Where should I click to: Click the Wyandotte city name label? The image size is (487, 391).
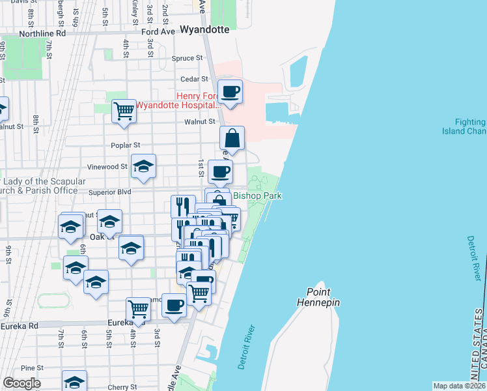pos(205,29)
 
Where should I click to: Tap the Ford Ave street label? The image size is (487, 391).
pos(158,31)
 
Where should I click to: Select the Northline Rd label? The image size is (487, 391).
pos(43,33)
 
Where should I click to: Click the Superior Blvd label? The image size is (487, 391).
pos(110,192)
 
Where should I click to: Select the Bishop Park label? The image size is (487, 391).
pos(257,195)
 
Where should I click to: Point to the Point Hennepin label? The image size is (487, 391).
pos(318,297)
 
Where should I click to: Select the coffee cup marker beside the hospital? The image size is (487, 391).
pos(230,92)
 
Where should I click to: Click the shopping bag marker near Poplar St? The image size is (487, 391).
pos(232,138)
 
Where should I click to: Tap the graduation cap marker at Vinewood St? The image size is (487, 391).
pos(143,167)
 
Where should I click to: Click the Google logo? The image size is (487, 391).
pos(21,383)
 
